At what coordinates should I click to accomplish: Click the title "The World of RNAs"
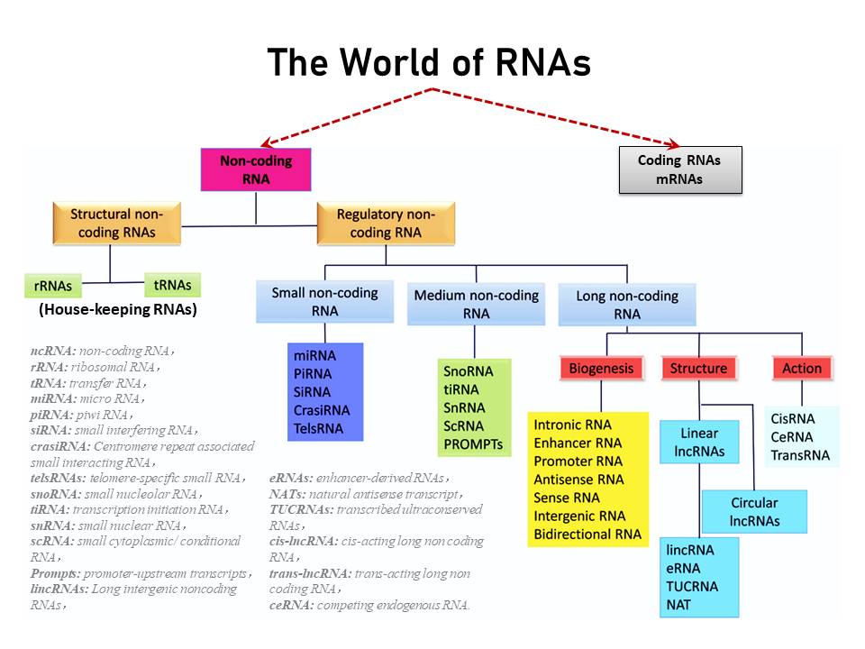(429, 62)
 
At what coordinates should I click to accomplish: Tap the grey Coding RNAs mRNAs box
(679, 169)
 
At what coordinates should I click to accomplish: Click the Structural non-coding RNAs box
(116, 223)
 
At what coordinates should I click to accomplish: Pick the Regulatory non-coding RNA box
(385, 223)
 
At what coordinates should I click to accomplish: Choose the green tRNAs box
(172, 285)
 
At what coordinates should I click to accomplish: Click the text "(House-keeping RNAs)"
(117, 309)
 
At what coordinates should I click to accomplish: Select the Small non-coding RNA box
(324, 301)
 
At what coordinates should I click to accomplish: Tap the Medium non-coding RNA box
(476, 304)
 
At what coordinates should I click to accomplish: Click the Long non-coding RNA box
(627, 305)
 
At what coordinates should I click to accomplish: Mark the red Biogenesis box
(601, 368)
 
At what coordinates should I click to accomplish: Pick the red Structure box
(698, 368)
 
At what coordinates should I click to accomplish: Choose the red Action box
(801, 368)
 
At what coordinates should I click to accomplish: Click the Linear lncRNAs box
(699, 443)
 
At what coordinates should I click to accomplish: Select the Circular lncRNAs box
(754, 511)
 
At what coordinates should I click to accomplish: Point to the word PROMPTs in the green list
(473, 444)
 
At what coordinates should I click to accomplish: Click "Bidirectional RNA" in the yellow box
(587, 535)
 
